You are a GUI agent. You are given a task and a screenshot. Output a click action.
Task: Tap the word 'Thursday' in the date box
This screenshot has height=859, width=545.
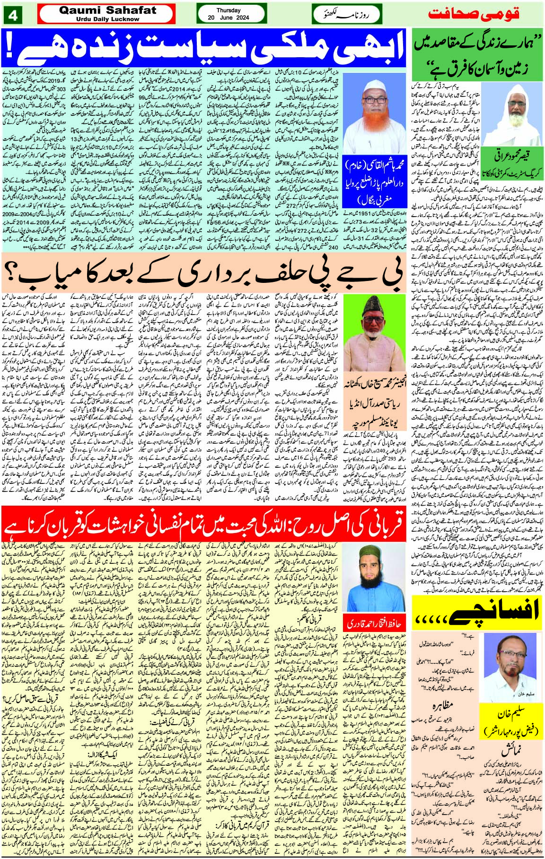[229, 10]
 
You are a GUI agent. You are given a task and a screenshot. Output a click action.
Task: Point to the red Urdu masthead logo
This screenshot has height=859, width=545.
[473, 13]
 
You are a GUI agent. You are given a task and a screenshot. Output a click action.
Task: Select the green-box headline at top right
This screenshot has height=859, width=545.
[476, 54]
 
